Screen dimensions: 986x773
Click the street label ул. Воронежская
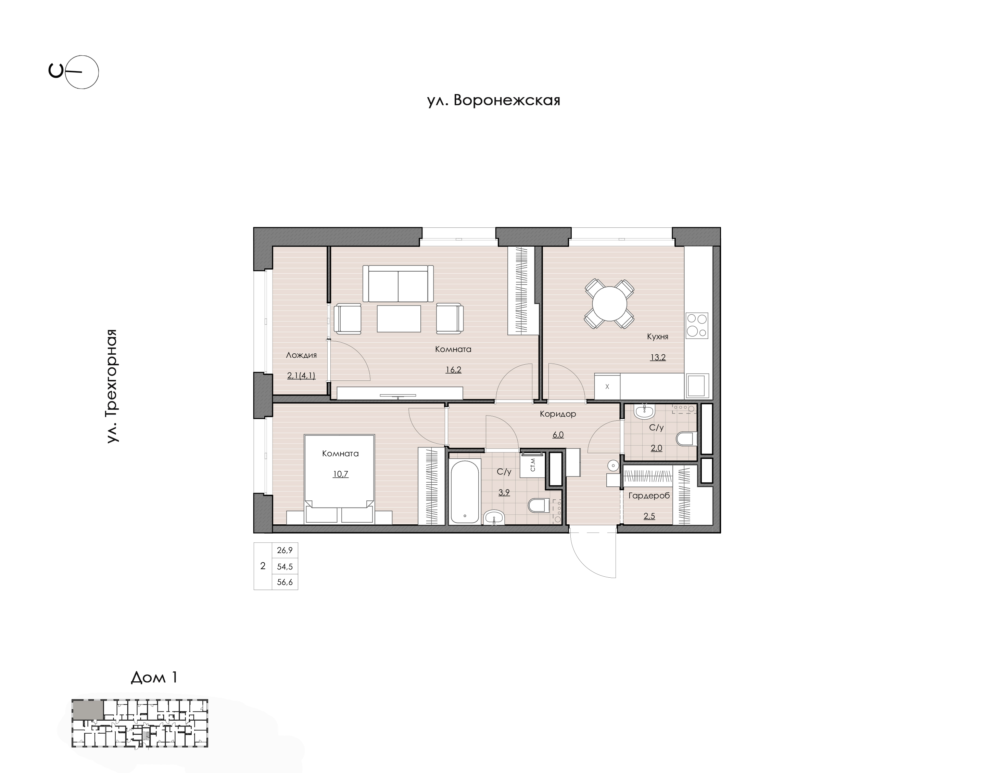[494, 100]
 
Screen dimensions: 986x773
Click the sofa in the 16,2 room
[398, 283]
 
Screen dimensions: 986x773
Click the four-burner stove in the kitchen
[697, 325]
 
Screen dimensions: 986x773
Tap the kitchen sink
[697, 385]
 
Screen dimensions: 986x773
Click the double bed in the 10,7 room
[339, 479]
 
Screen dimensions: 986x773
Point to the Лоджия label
[301, 355]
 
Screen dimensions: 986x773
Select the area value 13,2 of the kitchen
[658, 357]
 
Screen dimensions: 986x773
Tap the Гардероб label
[649, 496]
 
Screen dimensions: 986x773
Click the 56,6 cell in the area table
[285, 582]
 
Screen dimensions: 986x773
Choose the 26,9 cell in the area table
[285, 550]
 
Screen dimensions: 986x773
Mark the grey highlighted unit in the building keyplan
[87, 710]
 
